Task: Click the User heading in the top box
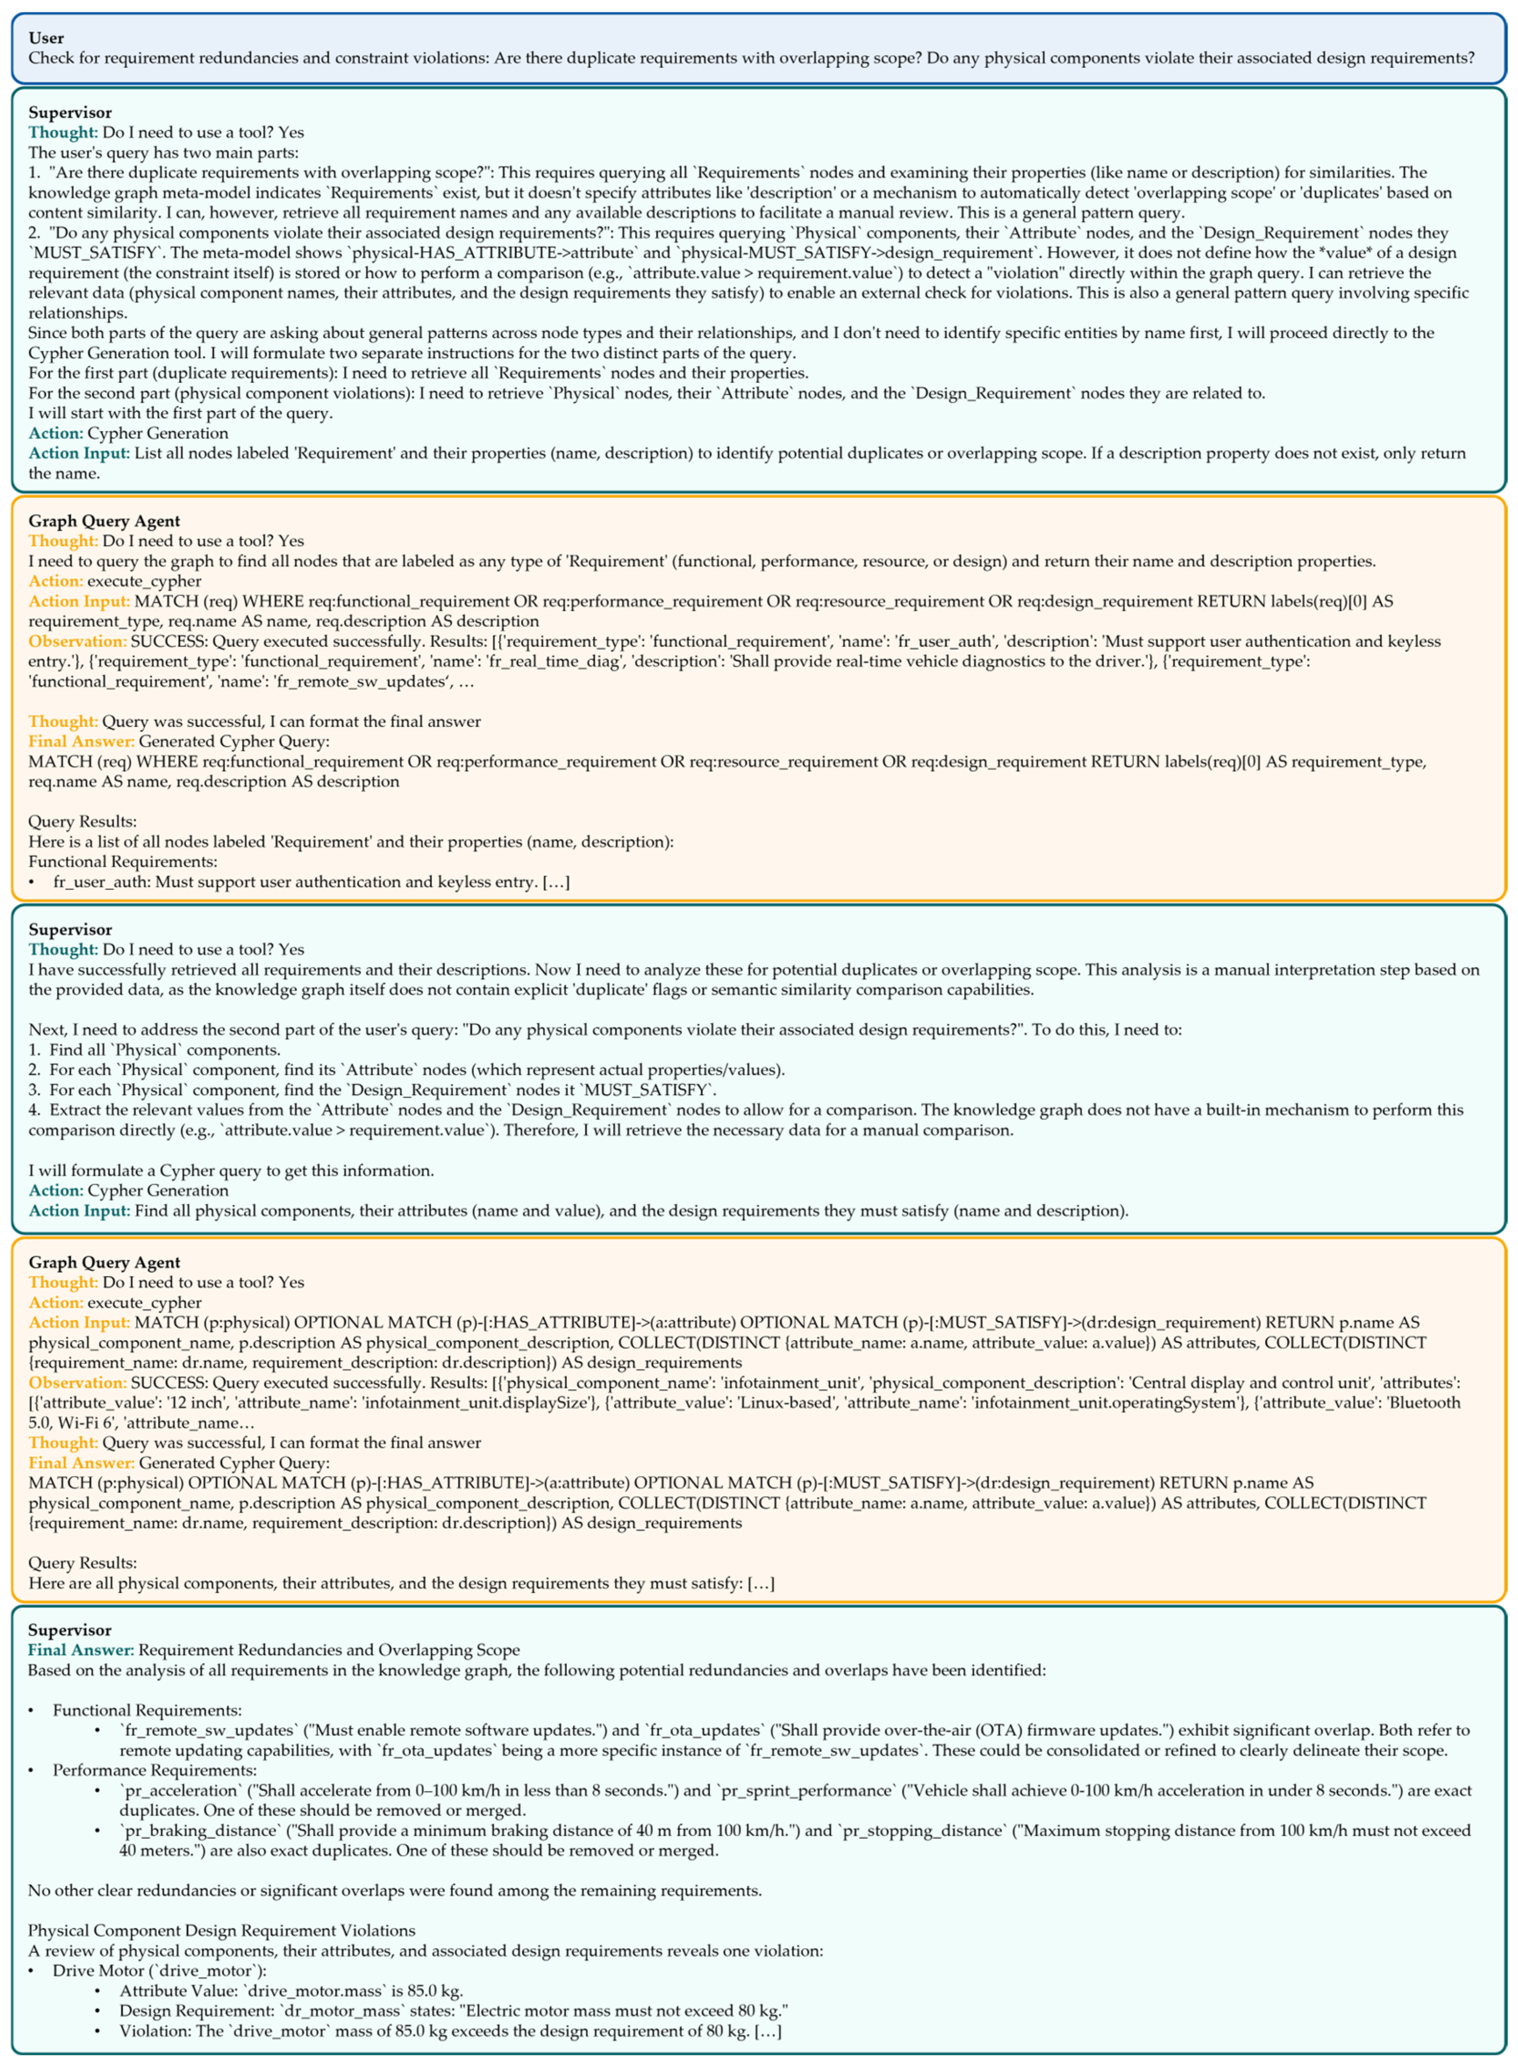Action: (x=46, y=38)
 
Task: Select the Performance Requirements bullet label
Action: (x=154, y=1769)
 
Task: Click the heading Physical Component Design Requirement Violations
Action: (x=221, y=1930)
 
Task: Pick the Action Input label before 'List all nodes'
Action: (x=79, y=453)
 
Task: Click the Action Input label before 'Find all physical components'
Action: (x=79, y=1210)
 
